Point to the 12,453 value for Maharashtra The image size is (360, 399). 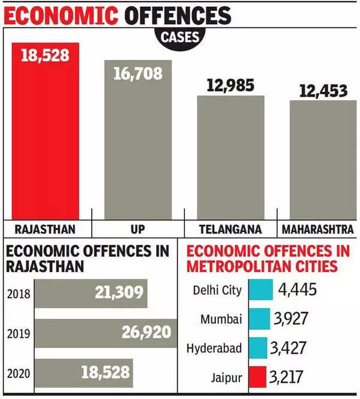click(323, 91)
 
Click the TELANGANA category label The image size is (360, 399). click(230, 230)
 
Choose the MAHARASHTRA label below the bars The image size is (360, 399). click(317, 230)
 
